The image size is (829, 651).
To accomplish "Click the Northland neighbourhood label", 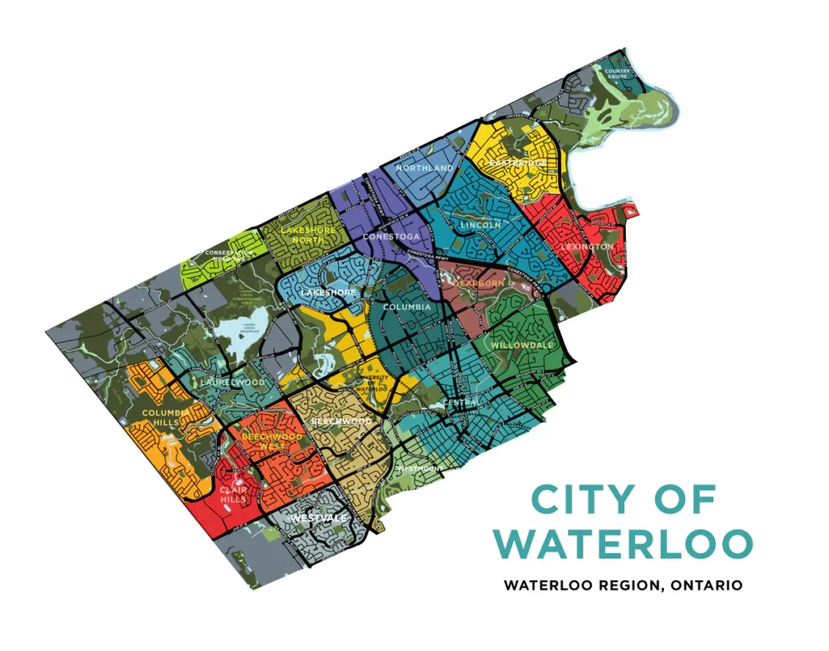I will pyautogui.click(x=424, y=168).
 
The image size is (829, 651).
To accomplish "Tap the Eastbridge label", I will pyautogui.click(x=517, y=163).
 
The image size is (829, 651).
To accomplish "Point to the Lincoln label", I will pyautogui.click(x=480, y=224).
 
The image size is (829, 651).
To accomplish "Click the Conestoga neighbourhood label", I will pyautogui.click(x=391, y=236).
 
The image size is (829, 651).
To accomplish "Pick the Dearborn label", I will pyautogui.click(x=478, y=283).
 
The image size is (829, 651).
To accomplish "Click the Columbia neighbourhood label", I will pyautogui.click(x=406, y=308).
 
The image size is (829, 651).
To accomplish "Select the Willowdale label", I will pyautogui.click(x=522, y=345).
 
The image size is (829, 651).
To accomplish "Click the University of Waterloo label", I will pyautogui.click(x=373, y=383).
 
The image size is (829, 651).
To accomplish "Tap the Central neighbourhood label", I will pyautogui.click(x=461, y=402).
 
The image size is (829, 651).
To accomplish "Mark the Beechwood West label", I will pyautogui.click(x=273, y=441).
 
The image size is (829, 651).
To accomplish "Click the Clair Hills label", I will pyautogui.click(x=233, y=494).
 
